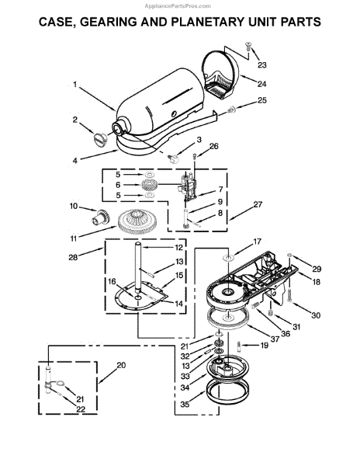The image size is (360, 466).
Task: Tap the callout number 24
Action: (x=261, y=84)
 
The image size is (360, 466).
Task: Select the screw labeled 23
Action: (x=248, y=46)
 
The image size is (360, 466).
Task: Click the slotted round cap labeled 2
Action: (x=100, y=139)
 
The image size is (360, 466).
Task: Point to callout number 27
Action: (x=258, y=204)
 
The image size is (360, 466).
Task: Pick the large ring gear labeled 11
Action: (x=137, y=222)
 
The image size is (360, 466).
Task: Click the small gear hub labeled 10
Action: (x=101, y=218)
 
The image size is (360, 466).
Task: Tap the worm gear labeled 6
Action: (x=151, y=185)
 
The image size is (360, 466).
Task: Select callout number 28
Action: (x=73, y=257)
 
